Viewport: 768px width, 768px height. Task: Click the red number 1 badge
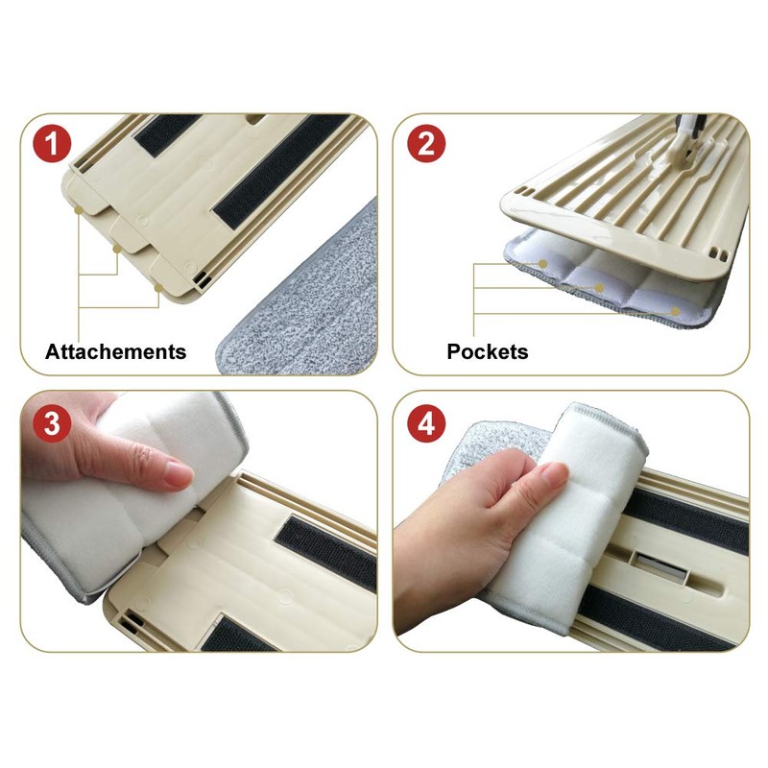54,146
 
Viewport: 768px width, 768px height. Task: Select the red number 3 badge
54,422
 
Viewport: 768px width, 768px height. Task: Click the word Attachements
115,351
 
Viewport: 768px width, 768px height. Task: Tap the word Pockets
487,351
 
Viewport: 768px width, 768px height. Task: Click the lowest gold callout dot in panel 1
156,286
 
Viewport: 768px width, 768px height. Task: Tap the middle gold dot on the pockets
599,287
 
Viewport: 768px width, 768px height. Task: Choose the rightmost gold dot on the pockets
677,311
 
